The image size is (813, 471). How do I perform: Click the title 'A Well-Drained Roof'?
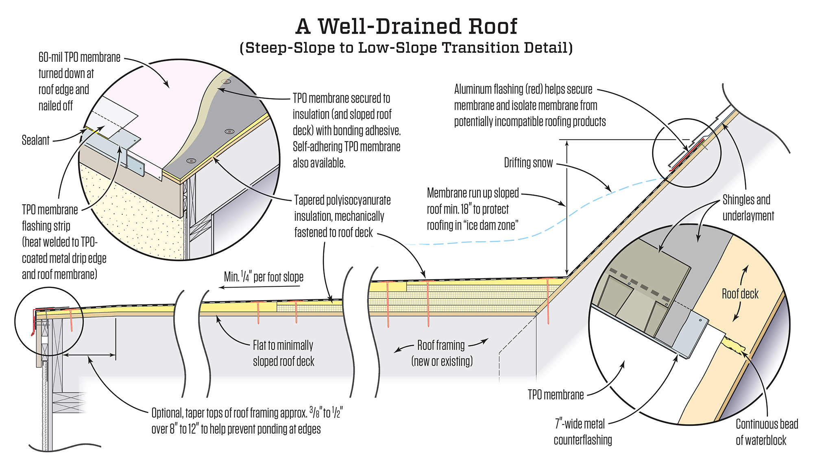pyautogui.click(x=406, y=27)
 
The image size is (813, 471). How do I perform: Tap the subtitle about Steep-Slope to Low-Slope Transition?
pyautogui.click(x=406, y=48)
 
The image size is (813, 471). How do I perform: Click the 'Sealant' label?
pyautogui.click(x=35, y=140)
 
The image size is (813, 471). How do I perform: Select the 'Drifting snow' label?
pyautogui.click(x=528, y=163)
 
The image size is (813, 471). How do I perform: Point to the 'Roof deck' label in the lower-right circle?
pyautogui.click(x=740, y=294)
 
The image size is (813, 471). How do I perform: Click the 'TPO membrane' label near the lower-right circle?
pyautogui.click(x=556, y=395)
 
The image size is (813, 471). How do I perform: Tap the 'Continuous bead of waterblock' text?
pyautogui.click(x=766, y=432)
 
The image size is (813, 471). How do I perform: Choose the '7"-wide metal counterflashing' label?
pyautogui.click(x=582, y=432)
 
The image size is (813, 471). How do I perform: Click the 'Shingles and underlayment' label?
pyautogui.click(x=748, y=207)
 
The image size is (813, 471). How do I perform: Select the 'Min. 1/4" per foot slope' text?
pyautogui.click(x=264, y=277)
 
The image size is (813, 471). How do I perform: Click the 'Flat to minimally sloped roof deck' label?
pyautogui.click(x=283, y=353)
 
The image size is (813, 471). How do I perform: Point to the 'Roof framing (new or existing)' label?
pyautogui.click(x=442, y=353)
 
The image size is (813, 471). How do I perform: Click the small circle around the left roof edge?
pyautogui.click(x=49, y=321)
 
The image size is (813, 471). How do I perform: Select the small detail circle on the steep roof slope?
pyautogui.click(x=687, y=153)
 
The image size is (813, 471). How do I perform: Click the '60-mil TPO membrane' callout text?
pyautogui.click(x=79, y=81)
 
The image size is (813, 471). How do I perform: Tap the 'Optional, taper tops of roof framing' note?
pyautogui.click(x=247, y=421)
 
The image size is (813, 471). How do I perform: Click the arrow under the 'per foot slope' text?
pyautogui.click(x=260, y=287)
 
